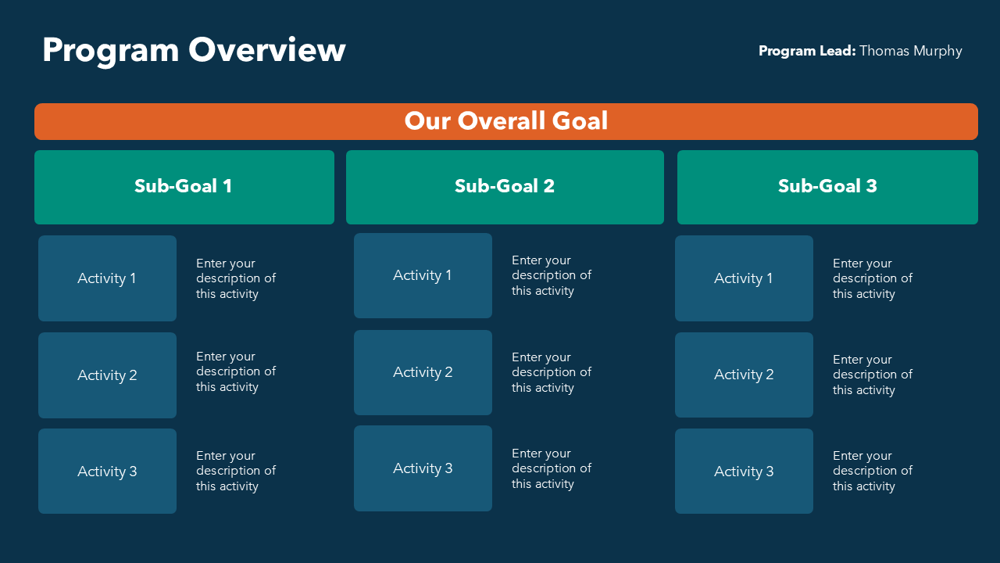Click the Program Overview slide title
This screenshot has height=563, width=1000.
(x=194, y=50)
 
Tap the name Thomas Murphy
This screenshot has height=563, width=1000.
(x=910, y=51)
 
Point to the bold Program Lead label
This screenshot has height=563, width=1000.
(x=807, y=51)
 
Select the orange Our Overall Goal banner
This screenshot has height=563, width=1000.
(x=506, y=121)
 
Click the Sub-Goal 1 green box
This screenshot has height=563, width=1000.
(x=184, y=186)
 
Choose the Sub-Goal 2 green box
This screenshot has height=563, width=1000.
(x=505, y=186)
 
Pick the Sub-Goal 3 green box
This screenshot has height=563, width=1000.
(x=827, y=186)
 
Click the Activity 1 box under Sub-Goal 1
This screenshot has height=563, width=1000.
(x=107, y=278)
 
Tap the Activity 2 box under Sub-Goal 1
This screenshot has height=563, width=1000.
(x=107, y=375)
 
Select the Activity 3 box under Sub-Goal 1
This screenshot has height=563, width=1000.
(x=107, y=472)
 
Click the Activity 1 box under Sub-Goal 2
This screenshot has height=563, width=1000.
(x=423, y=275)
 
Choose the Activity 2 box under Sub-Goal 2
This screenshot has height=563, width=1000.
(x=423, y=372)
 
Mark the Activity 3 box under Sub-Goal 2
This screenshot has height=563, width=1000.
(x=423, y=468)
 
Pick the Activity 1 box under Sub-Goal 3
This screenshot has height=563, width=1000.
(x=744, y=278)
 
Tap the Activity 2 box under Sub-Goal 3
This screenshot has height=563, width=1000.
(x=744, y=375)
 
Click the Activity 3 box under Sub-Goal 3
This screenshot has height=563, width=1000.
(x=744, y=472)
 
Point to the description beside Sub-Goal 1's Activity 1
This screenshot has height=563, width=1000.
(x=236, y=278)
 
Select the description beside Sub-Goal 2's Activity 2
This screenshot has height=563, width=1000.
(x=552, y=372)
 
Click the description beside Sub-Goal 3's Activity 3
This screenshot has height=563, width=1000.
(x=873, y=471)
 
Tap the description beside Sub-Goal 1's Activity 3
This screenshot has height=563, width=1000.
(x=236, y=471)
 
